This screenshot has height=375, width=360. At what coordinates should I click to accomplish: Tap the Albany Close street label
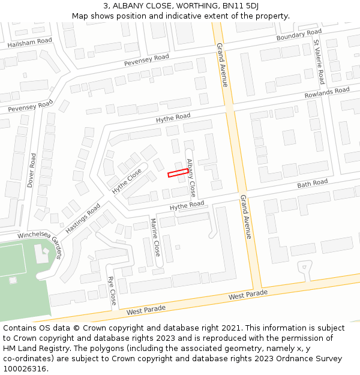191,178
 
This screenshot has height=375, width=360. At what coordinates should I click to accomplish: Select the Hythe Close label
127,181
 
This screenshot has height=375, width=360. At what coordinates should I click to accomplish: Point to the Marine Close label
155,238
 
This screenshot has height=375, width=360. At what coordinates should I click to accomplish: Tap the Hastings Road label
83,218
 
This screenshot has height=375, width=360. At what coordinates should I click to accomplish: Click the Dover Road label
32,170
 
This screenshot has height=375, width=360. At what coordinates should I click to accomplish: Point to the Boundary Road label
299,35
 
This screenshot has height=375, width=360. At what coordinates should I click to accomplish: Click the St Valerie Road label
319,62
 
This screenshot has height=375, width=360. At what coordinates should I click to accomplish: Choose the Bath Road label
313,182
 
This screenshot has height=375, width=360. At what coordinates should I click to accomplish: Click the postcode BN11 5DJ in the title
243,5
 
